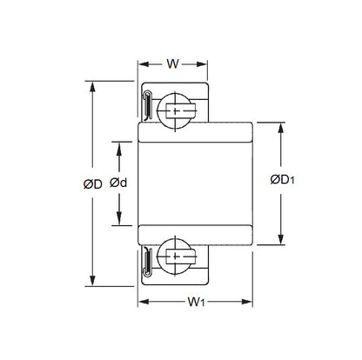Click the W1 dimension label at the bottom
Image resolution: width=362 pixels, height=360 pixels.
(197, 303)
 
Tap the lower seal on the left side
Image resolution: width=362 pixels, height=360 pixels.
(148, 260)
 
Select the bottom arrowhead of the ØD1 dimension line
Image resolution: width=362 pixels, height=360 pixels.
(279, 242)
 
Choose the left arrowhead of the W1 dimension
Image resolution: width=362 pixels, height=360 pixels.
(143, 302)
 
